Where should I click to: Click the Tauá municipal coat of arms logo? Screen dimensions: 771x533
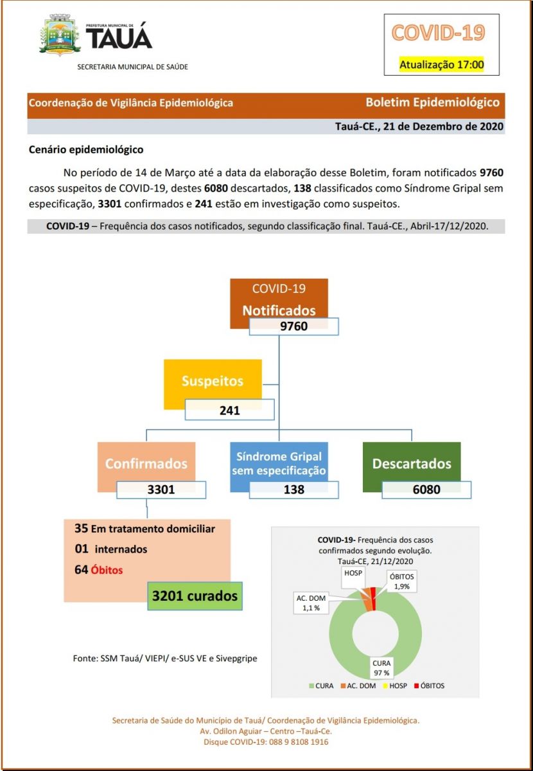60,35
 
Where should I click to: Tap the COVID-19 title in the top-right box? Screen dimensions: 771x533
438,33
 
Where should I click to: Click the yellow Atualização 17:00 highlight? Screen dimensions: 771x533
441,64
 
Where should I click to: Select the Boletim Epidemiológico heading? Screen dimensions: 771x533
432,102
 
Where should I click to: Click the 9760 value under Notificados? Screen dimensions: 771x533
293,326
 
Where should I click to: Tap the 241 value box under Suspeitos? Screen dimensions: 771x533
229,409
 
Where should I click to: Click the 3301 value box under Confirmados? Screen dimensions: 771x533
161,490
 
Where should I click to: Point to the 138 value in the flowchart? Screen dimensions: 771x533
293,490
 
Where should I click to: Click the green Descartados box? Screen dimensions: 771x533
412,463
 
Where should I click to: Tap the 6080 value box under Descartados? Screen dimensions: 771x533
426,490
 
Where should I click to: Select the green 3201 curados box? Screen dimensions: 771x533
195,596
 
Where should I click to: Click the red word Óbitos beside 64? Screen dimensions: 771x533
107,570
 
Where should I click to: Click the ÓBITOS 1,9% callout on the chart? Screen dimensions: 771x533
403,581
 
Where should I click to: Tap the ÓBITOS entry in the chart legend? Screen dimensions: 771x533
428,686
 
